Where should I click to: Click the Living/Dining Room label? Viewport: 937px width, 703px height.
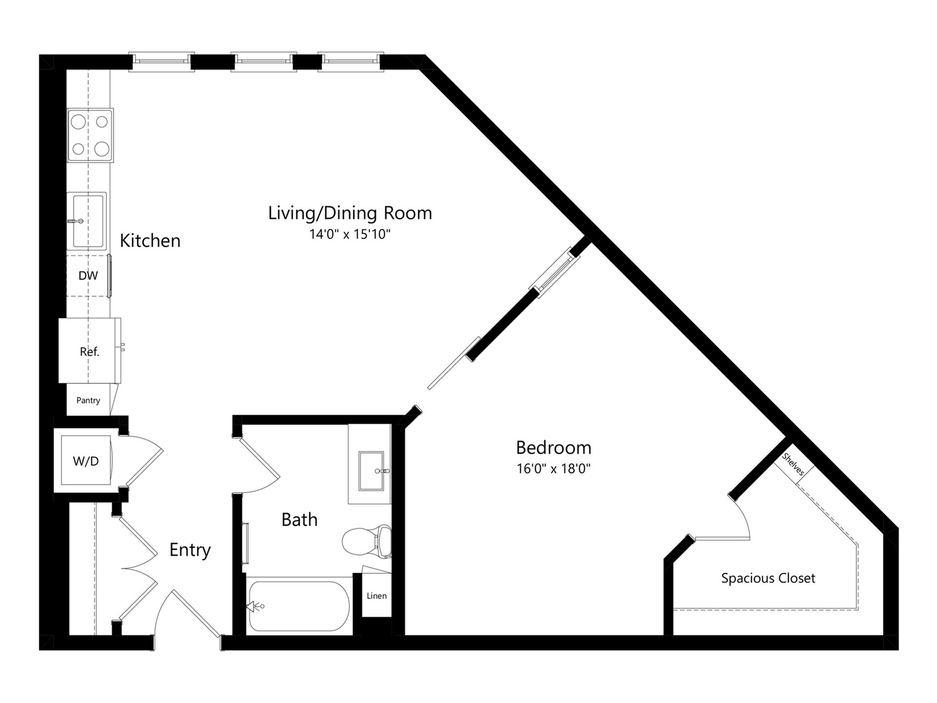point(350,213)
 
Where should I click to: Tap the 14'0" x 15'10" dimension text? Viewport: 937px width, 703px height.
point(350,234)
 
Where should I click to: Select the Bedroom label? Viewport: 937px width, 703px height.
point(553,447)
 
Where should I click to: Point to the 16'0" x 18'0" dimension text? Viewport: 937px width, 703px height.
point(553,469)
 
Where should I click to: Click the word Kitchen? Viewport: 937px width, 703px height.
point(150,241)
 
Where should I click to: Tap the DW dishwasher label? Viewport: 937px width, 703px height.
point(88,275)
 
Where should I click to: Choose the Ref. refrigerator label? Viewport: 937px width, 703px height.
point(90,351)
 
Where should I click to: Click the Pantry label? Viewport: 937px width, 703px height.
point(88,400)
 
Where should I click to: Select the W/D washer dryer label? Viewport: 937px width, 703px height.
point(86,461)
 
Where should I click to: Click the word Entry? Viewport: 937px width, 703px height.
point(190,550)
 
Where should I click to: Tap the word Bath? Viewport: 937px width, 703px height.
point(300,519)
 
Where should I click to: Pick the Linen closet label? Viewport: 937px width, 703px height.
point(377,596)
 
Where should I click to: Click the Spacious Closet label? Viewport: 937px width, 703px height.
point(768,579)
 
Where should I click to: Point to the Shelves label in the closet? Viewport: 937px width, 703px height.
point(793,464)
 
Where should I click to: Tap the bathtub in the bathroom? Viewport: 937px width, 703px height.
point(299,606)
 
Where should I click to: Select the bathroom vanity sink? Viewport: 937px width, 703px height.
point(371,471)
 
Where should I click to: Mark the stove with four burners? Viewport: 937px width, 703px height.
point(90,135)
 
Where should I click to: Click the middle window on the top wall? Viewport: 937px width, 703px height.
point(264,62)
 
